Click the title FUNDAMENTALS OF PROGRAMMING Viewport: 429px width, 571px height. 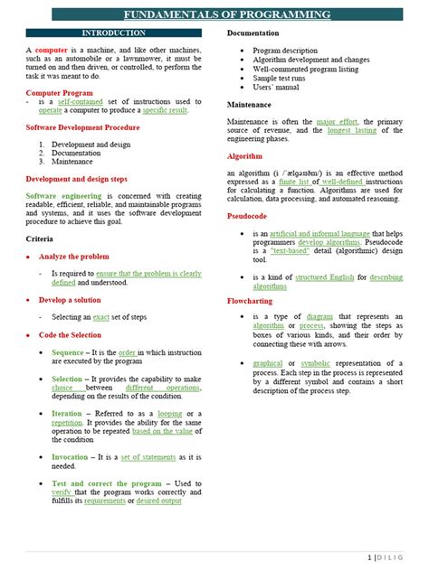[227, 15]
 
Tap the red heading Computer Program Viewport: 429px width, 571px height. [59, 93]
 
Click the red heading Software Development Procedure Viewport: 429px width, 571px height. [82, 127]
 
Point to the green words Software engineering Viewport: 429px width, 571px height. [63, 195]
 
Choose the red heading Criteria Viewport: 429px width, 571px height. [42, 238]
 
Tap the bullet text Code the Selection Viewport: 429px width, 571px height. [71, 334]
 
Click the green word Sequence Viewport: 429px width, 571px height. [68, 352]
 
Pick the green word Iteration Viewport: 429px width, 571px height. [67, 414]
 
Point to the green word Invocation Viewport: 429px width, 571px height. [71, 457]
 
